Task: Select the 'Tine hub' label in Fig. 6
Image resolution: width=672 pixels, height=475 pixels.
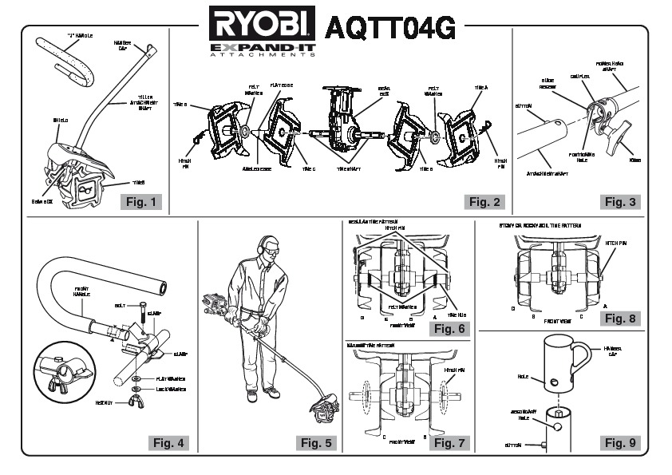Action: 461,314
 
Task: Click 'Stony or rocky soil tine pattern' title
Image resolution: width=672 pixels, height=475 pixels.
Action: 540,226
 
